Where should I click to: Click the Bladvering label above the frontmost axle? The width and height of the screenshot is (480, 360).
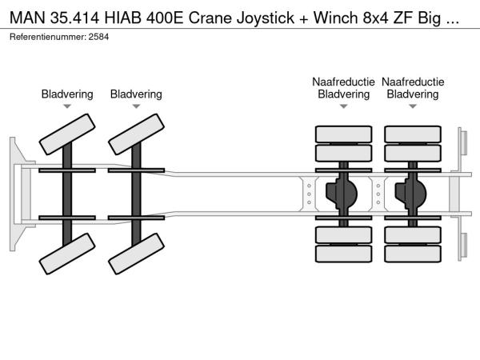(x=67, y=94)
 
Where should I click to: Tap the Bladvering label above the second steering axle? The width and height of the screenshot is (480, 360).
(x=136, y=94)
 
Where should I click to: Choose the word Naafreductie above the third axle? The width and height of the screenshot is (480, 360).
(x=343, y=82)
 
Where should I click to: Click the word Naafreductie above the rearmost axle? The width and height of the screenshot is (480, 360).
(x=413, y=82)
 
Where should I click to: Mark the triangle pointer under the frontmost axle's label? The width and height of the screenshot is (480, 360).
(x=67, y=106)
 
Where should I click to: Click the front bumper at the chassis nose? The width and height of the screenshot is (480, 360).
(x=17, y=193)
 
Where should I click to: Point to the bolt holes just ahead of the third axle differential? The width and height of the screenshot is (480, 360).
(x=309, y=193)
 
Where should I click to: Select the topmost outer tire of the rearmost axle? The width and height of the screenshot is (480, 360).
(x=413, y=134)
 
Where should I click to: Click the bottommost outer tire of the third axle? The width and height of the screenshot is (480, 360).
(x=344, y=254)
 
